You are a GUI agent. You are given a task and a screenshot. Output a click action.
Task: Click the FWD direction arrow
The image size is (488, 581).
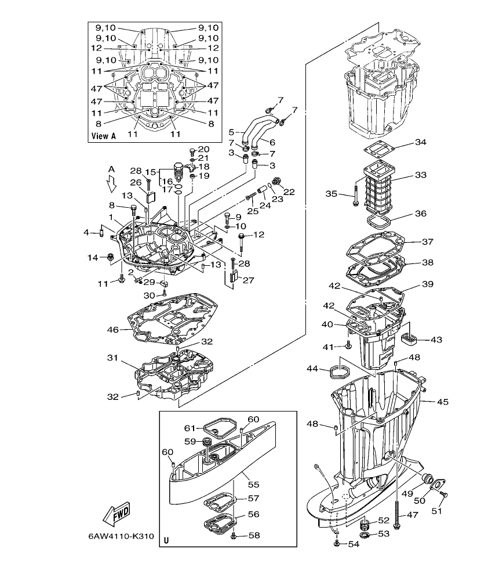click(x=116, y=514)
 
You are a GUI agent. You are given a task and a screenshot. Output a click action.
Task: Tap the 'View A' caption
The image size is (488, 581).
click(x=104, y=136)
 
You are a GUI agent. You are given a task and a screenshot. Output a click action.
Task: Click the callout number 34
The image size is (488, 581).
click(x=421, y=142)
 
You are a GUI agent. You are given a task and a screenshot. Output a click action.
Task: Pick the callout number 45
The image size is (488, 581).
click(x=443, y=402)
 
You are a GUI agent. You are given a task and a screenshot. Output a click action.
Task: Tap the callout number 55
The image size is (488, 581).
click(x=253, y=483)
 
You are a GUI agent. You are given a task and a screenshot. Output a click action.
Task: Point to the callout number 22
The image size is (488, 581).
click(x=289, y=192)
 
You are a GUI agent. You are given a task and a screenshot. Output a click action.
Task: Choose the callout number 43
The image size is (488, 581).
click(x=436, y=339)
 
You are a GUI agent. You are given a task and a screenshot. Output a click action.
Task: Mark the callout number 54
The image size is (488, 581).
click(x=354, y=544)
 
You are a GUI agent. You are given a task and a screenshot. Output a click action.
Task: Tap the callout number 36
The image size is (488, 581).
click(x=421, y=214)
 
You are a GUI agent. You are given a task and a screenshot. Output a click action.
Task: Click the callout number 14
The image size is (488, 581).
click(x=93, y=258)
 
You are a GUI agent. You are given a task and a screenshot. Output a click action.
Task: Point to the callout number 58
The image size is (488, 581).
click(x=253, y=535)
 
